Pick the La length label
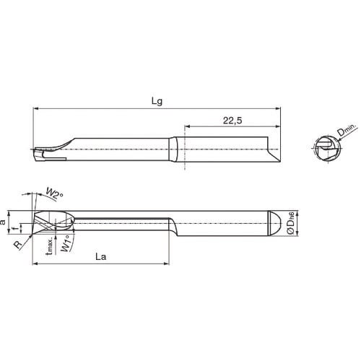click(x=101, y=256)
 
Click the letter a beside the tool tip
click(x=4, y=223)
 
